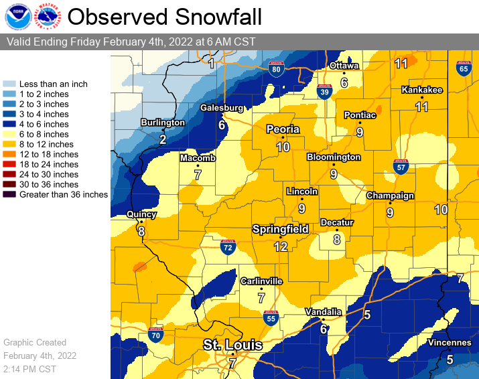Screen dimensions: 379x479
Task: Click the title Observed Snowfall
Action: click(x=165, y=17)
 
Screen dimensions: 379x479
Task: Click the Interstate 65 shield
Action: click(x=463, y=68)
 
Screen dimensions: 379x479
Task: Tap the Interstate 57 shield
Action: click(x=401, y=167)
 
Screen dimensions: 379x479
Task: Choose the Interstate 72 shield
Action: click(x=228, y=247)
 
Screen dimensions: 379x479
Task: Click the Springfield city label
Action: click(x=280, y=229)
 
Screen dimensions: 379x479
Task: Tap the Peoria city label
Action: click(x=283, y=129)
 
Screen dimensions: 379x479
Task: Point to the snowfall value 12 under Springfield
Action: click(x=280, y=246)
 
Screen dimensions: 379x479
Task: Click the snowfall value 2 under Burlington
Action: click(x=162, y=139)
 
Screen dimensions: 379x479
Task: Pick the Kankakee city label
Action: click(x=421, y=90)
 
